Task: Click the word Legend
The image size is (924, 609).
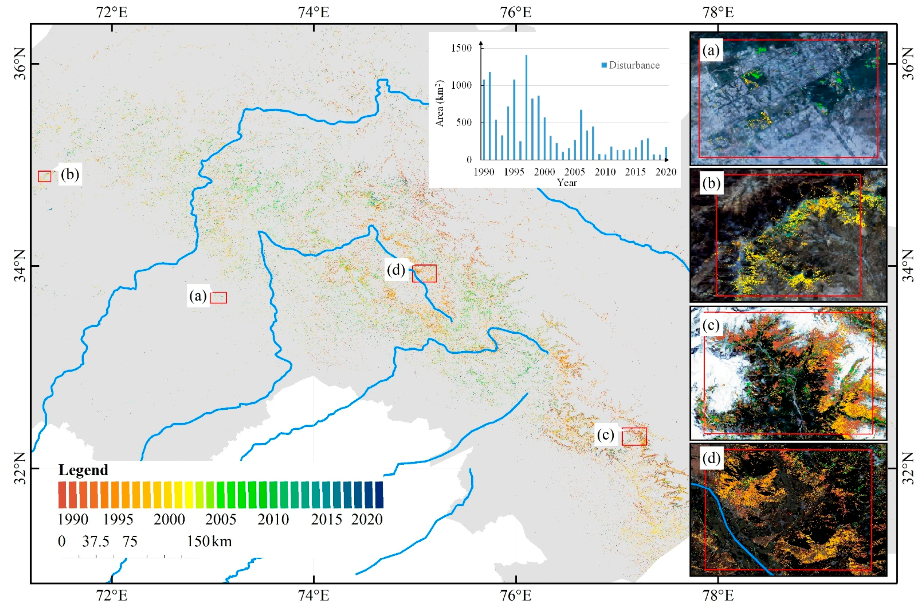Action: click(x=83, y=470)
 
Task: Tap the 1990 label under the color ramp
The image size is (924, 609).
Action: click(x=73, y=519)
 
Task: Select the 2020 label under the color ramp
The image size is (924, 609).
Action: click(x=367, y=519)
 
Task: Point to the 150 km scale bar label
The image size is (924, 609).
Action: click(x=209, y=541)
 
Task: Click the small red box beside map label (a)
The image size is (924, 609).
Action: click(x=218, y=298)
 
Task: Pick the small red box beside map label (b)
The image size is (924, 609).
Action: click(x=44, y=176)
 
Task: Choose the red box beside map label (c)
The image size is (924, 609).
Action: click(x=634, y=437)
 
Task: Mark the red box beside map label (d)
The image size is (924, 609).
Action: click(x=424, y=273)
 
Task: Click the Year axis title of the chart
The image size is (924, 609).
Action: click(x=567, y=183)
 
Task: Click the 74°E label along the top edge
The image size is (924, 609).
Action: click(x=314, y=12)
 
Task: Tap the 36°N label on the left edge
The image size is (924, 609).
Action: click(x=19, y=64)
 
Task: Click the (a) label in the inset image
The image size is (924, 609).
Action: click(x=711, y=51)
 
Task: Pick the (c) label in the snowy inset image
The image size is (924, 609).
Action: click(x=711, y=326)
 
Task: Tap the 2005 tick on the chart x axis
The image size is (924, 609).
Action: click(x=575, y=172)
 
